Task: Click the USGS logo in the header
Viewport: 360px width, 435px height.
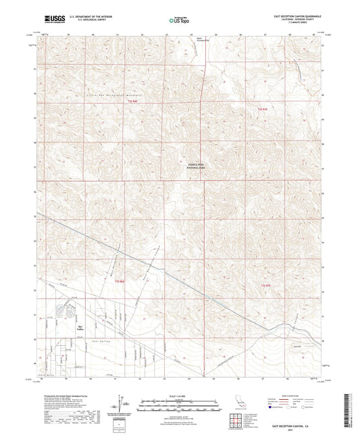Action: [51, 20]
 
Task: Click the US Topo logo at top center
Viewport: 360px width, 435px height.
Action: [176, 21]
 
